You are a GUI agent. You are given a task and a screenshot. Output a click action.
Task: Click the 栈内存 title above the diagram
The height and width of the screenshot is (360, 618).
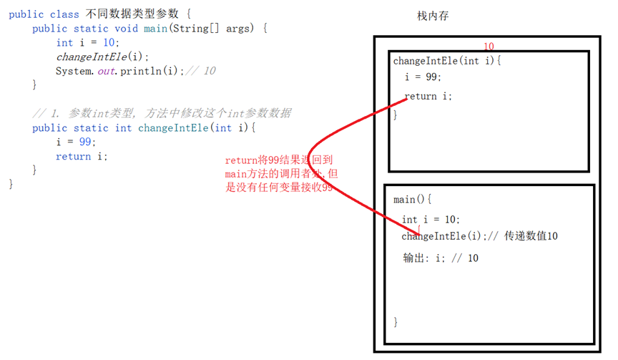(433, 16)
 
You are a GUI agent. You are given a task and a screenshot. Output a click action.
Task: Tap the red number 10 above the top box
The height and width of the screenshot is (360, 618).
(489, 47)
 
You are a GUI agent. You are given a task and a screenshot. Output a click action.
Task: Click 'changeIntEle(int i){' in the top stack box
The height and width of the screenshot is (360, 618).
(447, 61)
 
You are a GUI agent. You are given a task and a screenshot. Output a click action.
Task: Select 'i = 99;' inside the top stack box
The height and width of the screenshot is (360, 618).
(423, 77)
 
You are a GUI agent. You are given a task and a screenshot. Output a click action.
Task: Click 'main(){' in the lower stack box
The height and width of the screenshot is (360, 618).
(413, 200)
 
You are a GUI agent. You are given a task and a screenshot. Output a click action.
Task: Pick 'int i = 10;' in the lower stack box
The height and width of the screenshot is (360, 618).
(431, 220)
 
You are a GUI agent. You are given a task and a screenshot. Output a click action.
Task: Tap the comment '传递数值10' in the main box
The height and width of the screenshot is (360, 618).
(531, 236)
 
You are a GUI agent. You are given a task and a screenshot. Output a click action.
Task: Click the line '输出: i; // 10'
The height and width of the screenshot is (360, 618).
(441, 258)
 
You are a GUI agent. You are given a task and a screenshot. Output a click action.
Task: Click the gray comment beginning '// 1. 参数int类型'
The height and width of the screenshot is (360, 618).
(161, 114)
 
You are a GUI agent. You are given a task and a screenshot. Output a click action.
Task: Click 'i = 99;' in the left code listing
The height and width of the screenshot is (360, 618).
(75, 142)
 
